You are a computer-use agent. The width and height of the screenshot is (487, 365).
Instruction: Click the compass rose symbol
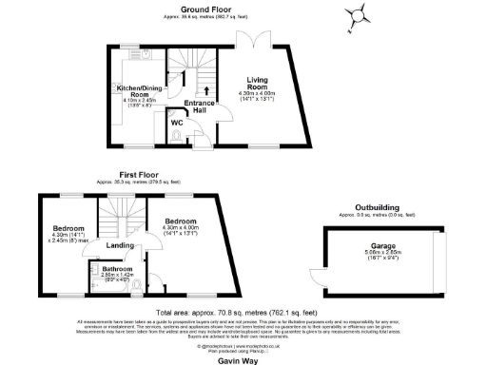coord(358,14)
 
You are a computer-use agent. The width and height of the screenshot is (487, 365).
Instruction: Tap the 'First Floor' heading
coord(138,175)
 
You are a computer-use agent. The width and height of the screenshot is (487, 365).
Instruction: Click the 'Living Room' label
coord(257,83)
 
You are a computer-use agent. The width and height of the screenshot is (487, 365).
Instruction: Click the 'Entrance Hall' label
coord(199,107)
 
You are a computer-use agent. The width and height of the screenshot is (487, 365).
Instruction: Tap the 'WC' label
coord(176,123)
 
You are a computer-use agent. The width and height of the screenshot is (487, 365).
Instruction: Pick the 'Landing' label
coord(120,246)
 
